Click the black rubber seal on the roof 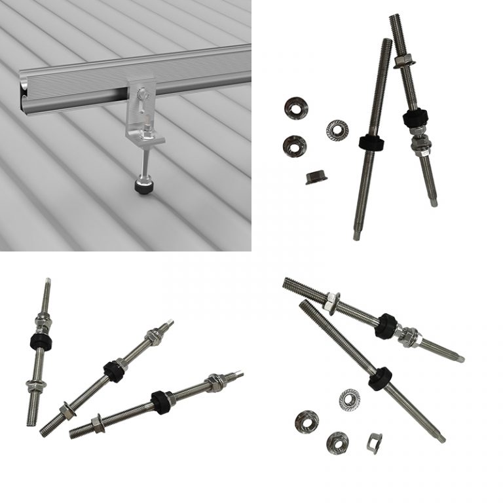point(143,186)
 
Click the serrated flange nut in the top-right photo point(337,129)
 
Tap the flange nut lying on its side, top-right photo point(317,177)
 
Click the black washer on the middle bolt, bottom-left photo point(114,371)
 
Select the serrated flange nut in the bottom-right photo point(349,397)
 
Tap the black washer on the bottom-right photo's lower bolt point(380,379)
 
